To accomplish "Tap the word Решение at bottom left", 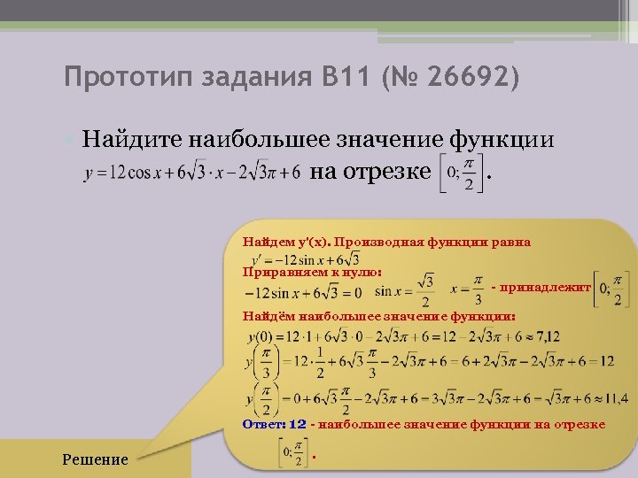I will pos(95,459).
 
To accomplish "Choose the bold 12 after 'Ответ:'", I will pos(297,424).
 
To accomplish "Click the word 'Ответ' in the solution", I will pos(263,424).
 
